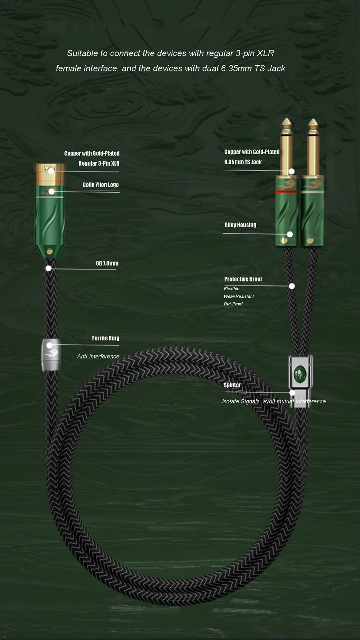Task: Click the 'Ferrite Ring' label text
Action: point(105,338)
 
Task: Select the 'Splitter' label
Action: point(232,385)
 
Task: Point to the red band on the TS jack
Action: point(287,192)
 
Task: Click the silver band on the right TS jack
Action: point(313,192)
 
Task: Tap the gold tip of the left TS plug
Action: point(287,124)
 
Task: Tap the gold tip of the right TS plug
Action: point(313,124)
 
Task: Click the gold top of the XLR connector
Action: point(50,173)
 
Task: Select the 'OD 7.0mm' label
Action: point(107,263)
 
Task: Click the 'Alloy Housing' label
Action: point(240,225)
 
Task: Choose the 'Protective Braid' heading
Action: point(243,279)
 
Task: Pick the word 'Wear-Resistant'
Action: point(239,296)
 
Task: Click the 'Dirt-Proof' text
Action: point(233,304)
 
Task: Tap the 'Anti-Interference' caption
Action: point(98,357)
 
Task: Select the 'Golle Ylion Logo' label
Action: point(101,185)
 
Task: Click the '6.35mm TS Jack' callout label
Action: point(243,162)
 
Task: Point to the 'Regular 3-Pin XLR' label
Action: point(99,164)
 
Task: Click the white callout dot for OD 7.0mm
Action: point(49,268)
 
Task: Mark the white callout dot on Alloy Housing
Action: point(290,234)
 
